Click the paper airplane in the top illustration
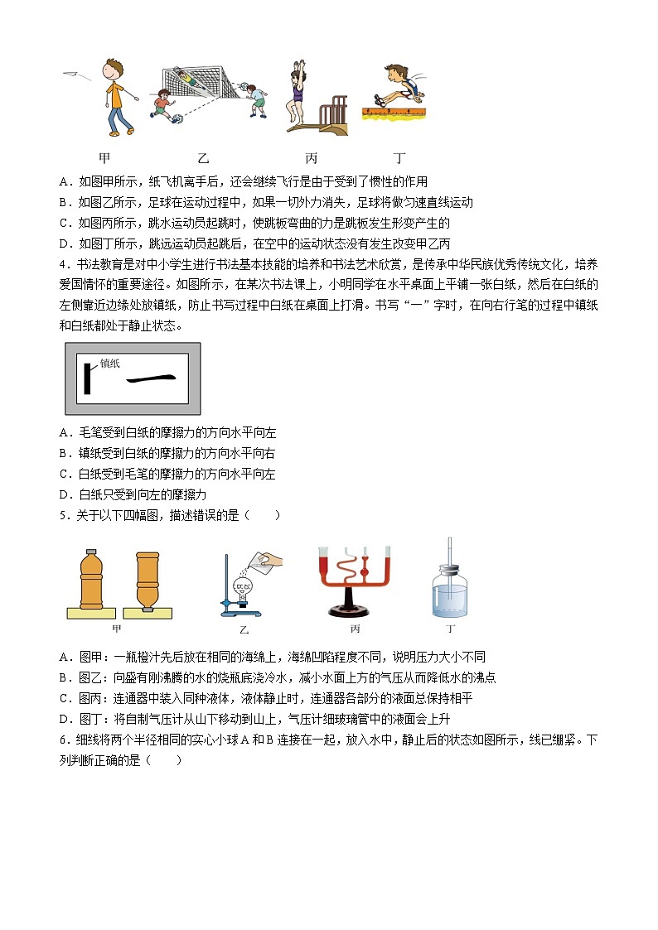[x=75, y=75]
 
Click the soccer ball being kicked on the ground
[x=177, y=119]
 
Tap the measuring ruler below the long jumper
[x=394, y=111]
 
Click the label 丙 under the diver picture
[x=311, y=157]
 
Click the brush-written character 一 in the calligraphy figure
[x=150, y=378]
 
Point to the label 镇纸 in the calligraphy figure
[x=110, y=362]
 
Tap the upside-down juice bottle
[x=148, y=581]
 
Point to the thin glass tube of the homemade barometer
[x=450, y=563]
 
